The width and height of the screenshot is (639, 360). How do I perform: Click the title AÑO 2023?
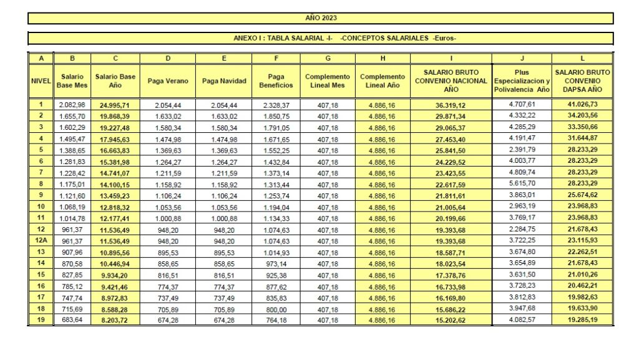[x=321, y=18]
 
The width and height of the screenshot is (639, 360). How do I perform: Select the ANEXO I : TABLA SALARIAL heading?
[x=344, y=38]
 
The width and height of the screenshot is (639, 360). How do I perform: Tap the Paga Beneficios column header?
[x=275, y=81]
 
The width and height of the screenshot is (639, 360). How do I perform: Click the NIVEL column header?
[x=41, y=81]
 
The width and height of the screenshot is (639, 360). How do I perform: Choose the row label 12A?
[x=41, y=240]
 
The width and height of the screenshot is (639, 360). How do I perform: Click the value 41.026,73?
[x=582, y=105]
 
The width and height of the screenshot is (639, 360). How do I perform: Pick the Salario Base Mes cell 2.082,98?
[x=72, y=105]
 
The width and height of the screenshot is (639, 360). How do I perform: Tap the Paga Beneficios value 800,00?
[x=275, y=309]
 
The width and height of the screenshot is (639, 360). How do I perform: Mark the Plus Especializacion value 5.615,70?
[x=522, y=184]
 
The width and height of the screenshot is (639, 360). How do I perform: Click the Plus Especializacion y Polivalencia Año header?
[x=522, y=81]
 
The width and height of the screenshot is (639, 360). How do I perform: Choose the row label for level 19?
[x=41, y=320]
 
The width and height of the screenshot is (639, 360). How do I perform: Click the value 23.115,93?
[x=582, y=240]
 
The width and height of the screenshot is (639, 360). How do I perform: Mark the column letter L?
[x=582, y=59]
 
